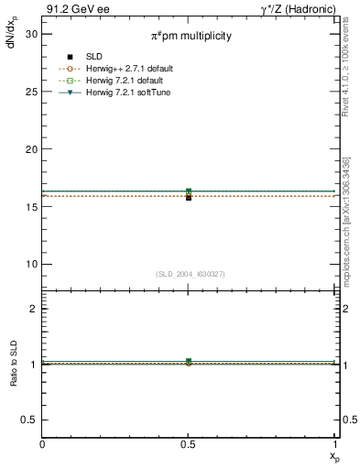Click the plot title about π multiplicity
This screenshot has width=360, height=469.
point(191,36)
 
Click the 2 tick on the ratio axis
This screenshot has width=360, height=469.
point(34,309)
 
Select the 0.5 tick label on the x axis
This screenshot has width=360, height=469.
point(189,445)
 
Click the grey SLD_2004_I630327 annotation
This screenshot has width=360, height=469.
point(190,275)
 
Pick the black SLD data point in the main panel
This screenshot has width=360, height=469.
point(189,197)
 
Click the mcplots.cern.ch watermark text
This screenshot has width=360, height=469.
point(350,215)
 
